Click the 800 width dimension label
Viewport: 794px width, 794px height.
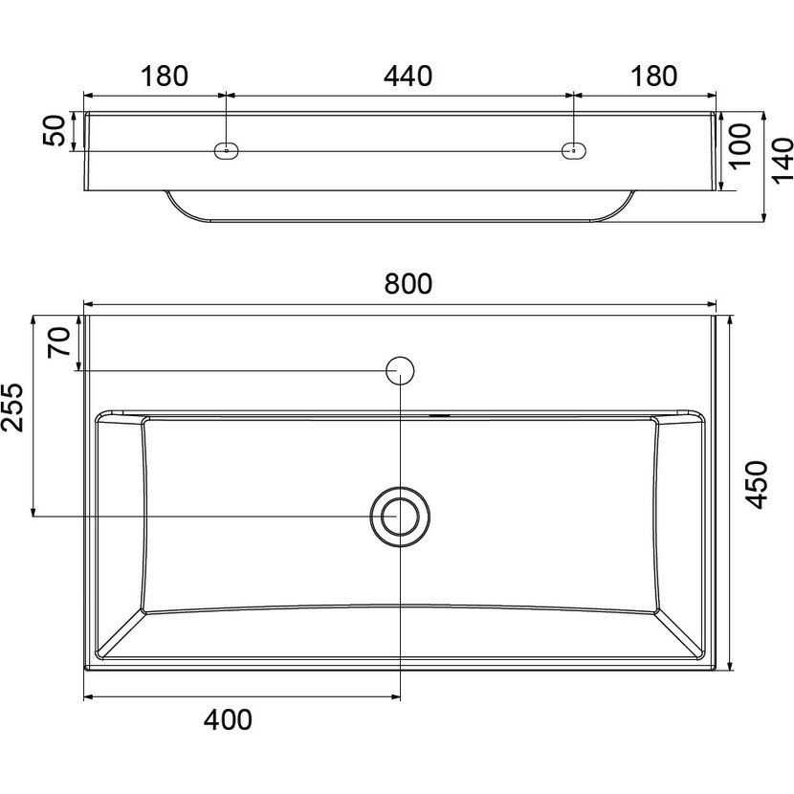pyautogui.click(x=408, y=283)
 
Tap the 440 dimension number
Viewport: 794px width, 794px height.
pyautogui.click(x=408, y=76)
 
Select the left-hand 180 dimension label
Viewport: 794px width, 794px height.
pyautogui.click(x=165, y=76)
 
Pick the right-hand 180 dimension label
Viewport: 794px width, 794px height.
pyautogui.click(x=653, y=76)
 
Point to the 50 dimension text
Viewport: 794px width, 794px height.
pyautogui.click(x=55, y=131)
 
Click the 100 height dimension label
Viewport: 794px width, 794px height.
pyautogui.click(x=740, y=145)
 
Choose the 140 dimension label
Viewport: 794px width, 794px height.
pyautogui.click(x=783, y=160)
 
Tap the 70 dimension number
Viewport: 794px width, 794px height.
pyautogui.click(x=58, y=342)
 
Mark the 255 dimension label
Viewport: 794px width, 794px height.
pyautogui.click(x=12, y=408)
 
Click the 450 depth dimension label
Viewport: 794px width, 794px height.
pyautogui.click(x=758, y=485)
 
